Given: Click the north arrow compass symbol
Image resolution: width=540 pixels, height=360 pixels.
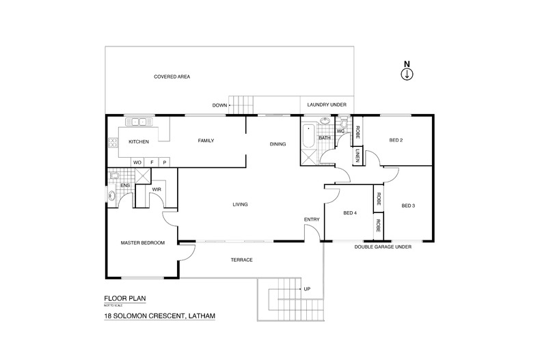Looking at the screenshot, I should pos(407,74).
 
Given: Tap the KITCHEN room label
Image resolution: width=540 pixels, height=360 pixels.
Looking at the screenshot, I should pos(139,141).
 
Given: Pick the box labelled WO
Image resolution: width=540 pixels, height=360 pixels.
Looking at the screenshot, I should pos(137,162).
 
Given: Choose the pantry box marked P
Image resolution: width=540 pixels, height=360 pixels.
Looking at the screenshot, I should pos(165,162).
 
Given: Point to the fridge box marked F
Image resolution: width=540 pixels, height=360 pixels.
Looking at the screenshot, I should pos(152,162).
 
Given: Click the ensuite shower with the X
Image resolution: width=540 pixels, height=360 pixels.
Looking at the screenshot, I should pos(142,176).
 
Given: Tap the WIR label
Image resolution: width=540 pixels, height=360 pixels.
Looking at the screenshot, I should pos(156,189).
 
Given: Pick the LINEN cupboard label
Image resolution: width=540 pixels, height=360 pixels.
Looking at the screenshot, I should pos(357,156).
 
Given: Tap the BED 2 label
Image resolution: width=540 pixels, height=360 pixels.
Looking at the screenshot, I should pos(396,141).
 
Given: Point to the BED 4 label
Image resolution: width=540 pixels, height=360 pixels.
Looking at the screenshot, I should pos(350,213).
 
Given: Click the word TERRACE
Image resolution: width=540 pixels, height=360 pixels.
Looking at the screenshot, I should pos(242,260).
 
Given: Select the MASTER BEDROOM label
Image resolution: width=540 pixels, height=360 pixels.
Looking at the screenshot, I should pos(143,243).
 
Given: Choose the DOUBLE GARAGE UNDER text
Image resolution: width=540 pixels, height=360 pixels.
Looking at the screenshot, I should pos(382,247).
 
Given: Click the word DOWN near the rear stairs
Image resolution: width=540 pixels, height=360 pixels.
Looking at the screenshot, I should pos(219,105).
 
